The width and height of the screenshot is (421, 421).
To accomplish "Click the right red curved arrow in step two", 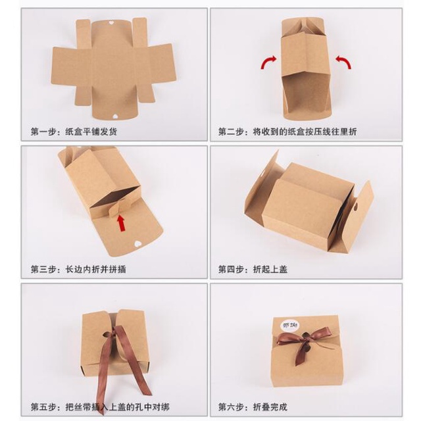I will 343,61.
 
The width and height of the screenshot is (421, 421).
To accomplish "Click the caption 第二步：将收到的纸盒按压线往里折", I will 288,132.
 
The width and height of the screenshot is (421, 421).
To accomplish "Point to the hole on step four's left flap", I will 270,170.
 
